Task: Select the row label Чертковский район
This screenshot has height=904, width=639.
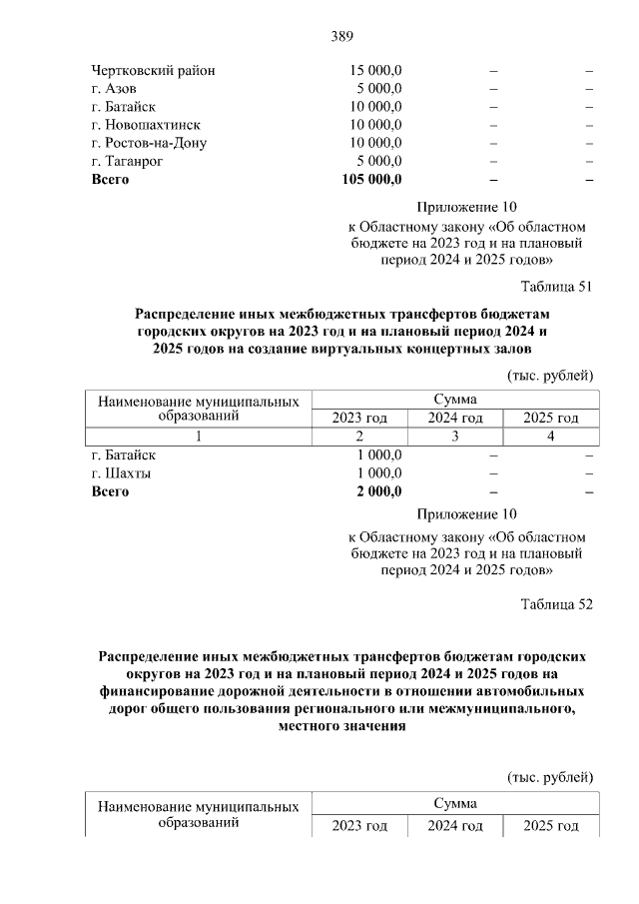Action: point(153,71)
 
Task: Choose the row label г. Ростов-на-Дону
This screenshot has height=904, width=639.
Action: point(149,143)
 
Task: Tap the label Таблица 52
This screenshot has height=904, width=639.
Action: point(557,604)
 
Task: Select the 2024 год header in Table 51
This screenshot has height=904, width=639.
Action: point(455,418)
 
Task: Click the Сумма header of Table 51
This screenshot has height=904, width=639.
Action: point(455,399)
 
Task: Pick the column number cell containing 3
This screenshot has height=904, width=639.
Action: point(455,436)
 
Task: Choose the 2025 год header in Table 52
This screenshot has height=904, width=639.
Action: point(551,826)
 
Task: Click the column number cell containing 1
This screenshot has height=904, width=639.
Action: point(199,436)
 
